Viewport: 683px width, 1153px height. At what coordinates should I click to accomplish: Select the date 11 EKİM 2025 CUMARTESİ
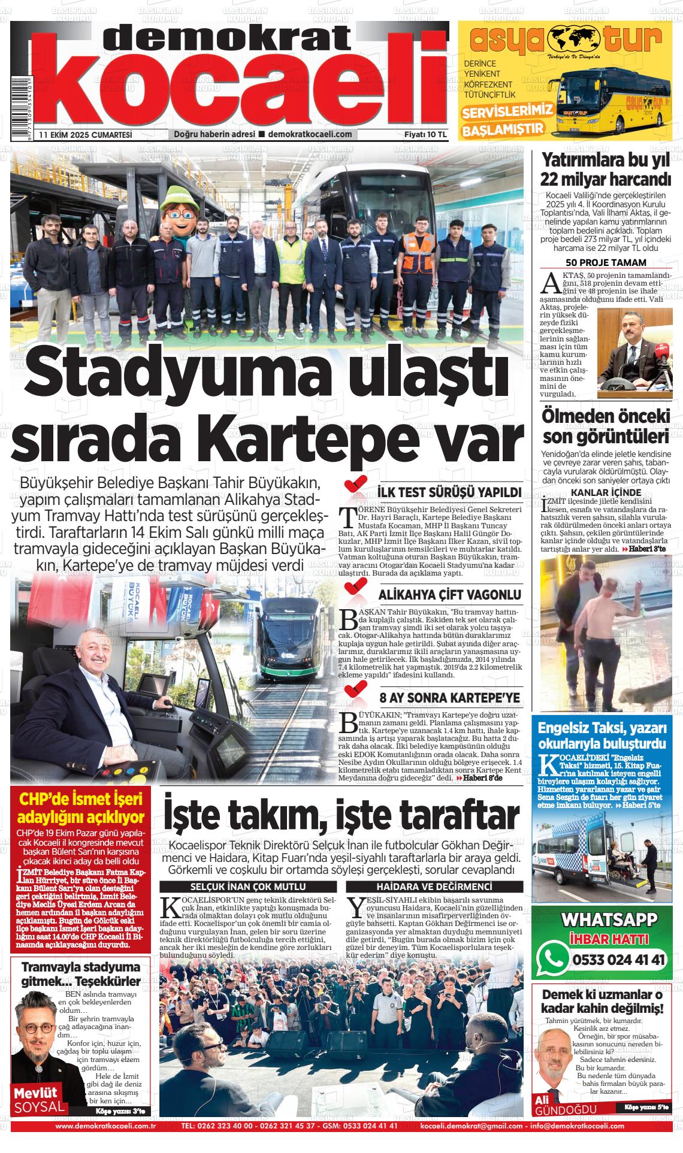pos(85,135)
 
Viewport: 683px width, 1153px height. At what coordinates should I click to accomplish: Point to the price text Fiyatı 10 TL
pos(426,135)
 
